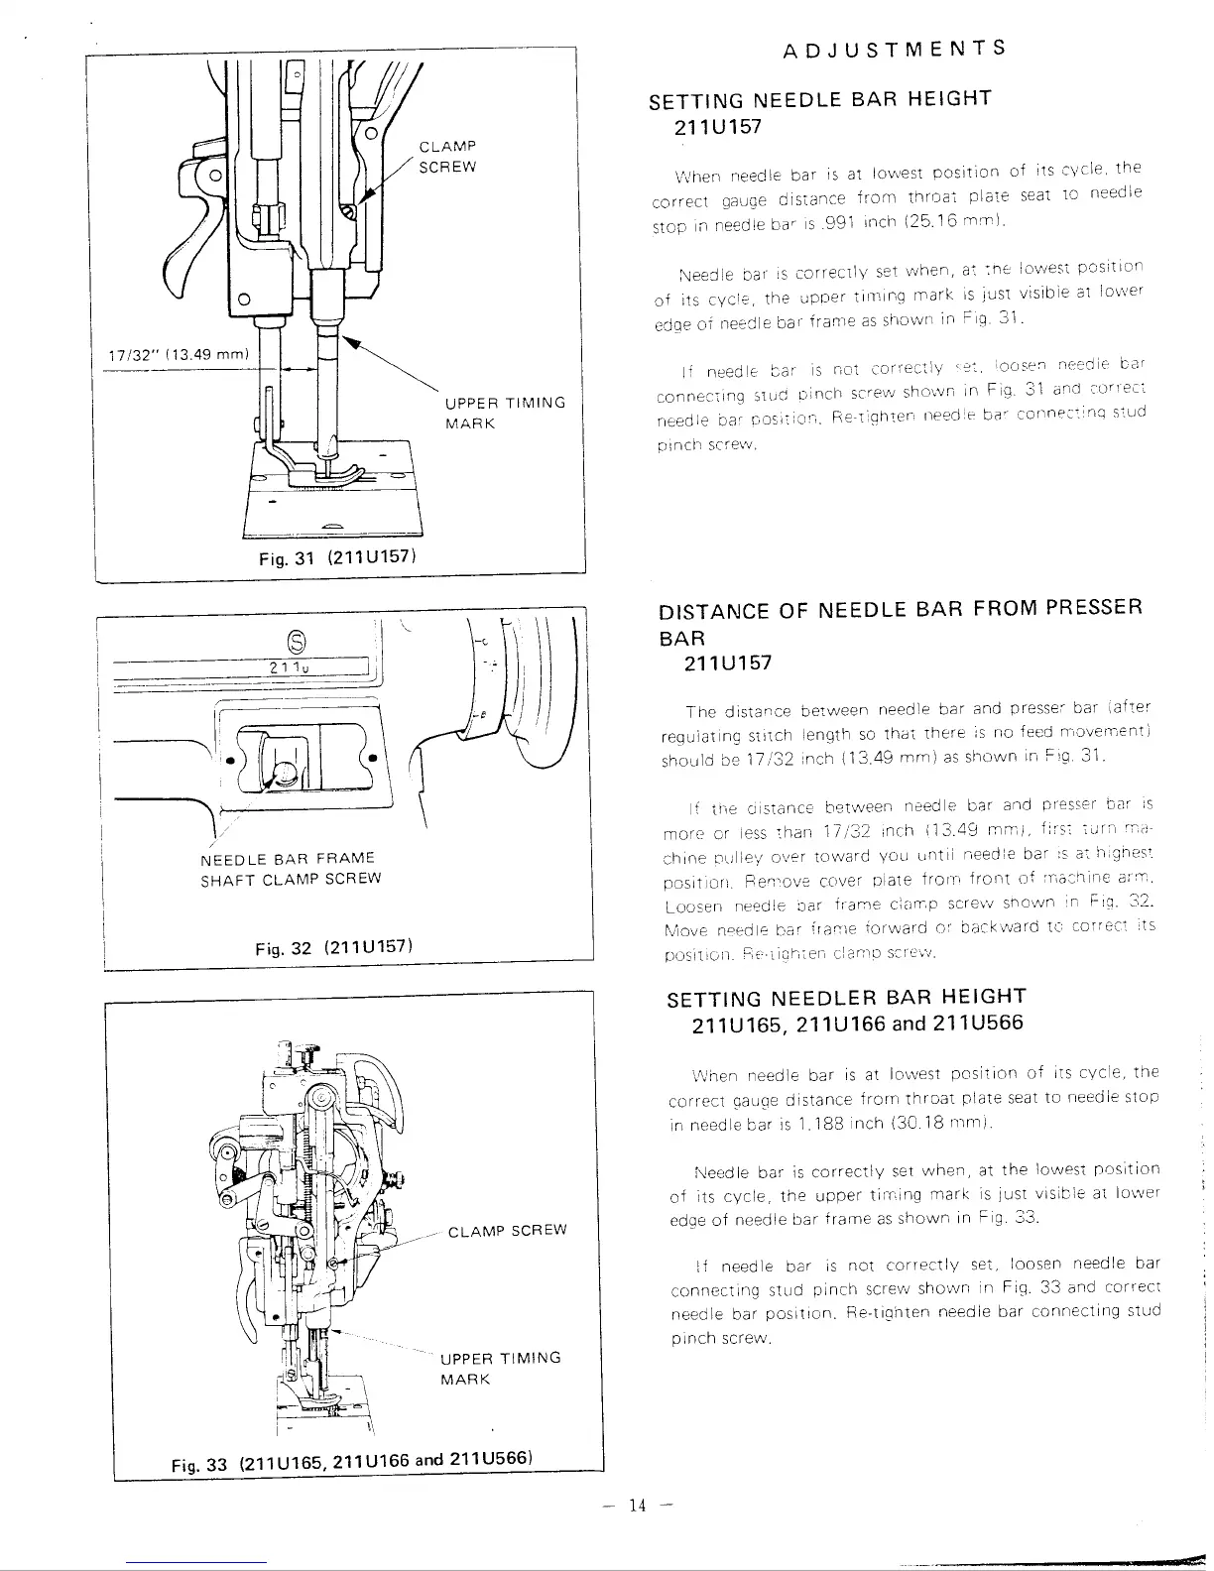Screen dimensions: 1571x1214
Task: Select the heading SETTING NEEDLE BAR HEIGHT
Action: tap(819, 99)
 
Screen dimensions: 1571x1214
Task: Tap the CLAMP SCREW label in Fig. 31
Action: tap(447, 158)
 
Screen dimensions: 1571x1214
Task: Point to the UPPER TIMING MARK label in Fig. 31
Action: tap(505, 413)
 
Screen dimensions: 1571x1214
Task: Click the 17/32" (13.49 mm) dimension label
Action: tap(180, 356)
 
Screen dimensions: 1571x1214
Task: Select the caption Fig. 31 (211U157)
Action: tap(335, 557)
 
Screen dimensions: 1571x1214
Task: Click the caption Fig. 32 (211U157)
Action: tap(332, 946)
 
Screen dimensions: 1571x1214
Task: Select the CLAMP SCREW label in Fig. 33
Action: tap(507, 1231)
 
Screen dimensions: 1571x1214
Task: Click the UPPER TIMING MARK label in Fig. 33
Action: tap(500, 1369)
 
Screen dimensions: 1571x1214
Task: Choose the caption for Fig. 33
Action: tap(353, 1462)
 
